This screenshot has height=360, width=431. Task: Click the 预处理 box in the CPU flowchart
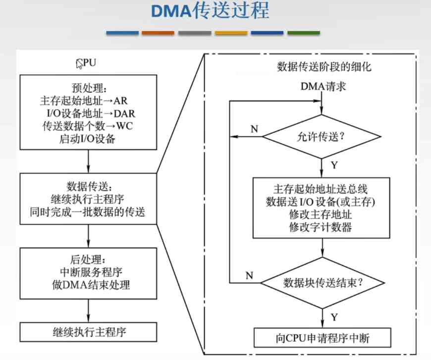coord(88,112)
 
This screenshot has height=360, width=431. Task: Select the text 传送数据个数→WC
coord(88,125)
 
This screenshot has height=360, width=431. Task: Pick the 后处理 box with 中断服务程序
coord(88,272)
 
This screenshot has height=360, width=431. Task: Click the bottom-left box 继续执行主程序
coord(88,332)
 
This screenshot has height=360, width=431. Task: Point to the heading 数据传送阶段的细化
coord(317,66)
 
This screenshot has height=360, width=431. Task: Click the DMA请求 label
coord(323,86)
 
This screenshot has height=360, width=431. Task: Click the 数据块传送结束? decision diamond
coord(323,283)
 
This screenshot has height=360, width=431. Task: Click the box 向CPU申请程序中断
coord(323,338)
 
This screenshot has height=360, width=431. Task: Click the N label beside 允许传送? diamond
coord(254,129)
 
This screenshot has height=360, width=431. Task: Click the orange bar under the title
coord(158,33)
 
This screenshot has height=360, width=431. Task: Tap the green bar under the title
coord(303,33)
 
